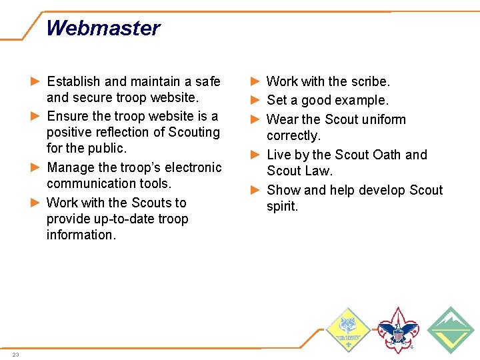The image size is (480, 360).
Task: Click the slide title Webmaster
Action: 103,28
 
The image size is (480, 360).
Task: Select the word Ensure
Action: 67,116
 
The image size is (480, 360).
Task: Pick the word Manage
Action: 70,167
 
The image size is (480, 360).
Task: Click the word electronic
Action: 191,167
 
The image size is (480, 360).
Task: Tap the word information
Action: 81,235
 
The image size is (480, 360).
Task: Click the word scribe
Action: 371,81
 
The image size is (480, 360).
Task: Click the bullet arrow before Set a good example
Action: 255,101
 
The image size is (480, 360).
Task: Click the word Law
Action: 317,171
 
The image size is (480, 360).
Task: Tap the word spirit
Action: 282,206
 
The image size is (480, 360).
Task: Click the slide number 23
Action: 15,354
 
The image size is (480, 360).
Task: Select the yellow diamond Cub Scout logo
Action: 347,329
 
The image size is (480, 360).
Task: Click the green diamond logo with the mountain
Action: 451,329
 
